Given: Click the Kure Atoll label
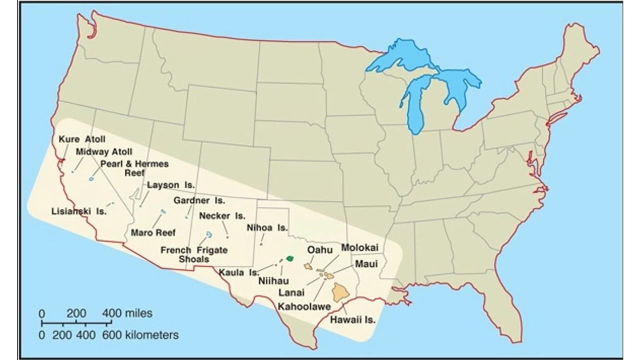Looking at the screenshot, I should click(x=82, y=139).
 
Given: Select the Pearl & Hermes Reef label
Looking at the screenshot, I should click(x=134, y=167).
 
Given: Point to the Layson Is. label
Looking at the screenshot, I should click(x=171, y=185).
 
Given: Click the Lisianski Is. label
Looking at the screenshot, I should click(x=79, y=211).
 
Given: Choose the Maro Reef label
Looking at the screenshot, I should click(x=153, y=232).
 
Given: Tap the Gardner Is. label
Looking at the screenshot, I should click(x=199, y=200).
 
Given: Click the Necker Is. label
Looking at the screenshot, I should click(x=222, y=216).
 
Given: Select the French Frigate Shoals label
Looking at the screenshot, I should click(x=194, y=254).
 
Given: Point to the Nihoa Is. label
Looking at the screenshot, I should click(x=267, y=228).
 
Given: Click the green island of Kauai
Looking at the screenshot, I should click(x=289, y=258).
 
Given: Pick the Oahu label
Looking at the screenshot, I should click(x=319, y=249).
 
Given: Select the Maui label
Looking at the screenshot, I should click(x=366, y=263).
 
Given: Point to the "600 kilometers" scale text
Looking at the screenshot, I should click(x=140, y=334).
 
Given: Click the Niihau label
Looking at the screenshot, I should click(x=273, y=281).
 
